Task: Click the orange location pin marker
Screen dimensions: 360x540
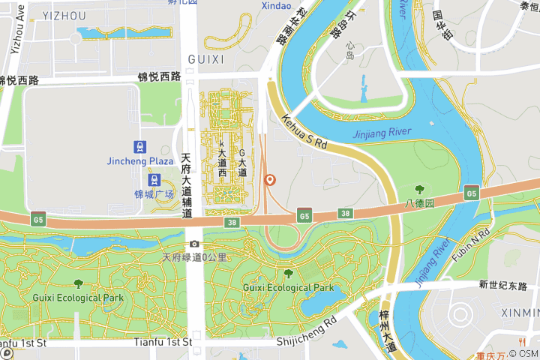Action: (x=270, y=180)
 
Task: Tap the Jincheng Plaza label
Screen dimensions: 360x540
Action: (x=140, y=160)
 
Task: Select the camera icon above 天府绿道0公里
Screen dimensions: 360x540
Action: (x=195, y=244)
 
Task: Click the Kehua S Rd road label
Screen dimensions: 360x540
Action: (x=305, y=130)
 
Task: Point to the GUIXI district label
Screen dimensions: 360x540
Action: (x=205, y=59)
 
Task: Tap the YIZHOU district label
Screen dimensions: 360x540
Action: (x=64, y=16)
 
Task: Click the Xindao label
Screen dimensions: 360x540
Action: (x=276, y=6)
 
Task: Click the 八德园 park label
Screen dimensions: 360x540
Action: (x=419, y=202)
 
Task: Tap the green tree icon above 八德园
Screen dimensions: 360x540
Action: (x=419, y=190)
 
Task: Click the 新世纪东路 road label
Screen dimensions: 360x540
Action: (x=503, y=285)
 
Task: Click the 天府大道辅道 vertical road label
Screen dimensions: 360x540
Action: (x=187, y=186)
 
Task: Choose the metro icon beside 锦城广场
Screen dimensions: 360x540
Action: (x=154, y=180)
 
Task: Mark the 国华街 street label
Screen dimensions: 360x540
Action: (x=443, y=25)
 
